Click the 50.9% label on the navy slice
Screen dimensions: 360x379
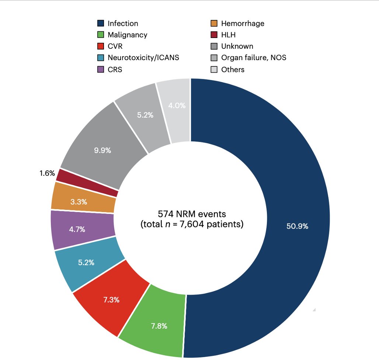(297, 226)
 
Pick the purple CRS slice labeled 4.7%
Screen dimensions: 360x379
(77, 229)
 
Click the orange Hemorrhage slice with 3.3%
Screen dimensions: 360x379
(78, 201)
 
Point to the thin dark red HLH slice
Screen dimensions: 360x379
(87, 182)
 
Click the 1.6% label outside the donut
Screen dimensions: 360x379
(47, 173)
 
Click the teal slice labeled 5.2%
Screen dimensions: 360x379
(86, 263)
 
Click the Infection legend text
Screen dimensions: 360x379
(123, 24)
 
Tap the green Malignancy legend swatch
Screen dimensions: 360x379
(100, 35)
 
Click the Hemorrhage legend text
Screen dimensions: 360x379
(243, 24)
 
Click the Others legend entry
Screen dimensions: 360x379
(233, 69)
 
